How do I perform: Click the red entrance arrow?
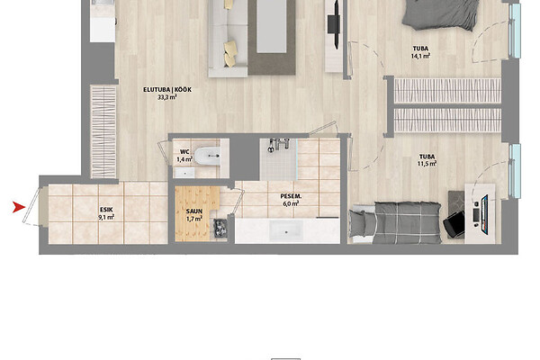19,207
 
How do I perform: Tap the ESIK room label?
106,210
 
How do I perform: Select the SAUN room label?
194,211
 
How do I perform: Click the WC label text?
184,151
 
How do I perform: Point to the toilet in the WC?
207,156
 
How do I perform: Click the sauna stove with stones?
220,228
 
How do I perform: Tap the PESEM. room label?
291,196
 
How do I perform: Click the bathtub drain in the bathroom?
286,232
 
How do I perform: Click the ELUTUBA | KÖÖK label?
167,90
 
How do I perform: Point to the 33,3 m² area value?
167,97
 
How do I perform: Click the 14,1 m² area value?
420,56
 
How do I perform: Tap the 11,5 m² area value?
427,164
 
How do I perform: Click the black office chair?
454,224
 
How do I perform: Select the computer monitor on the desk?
484,214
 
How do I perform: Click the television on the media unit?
334,24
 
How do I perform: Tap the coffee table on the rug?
272,26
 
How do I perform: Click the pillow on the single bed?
358,223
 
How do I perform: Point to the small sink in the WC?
184,173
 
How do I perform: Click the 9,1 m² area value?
106,217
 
